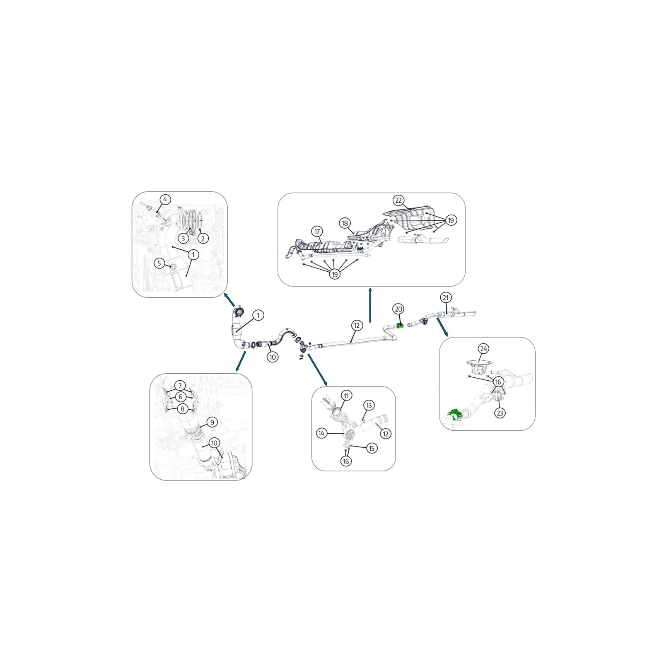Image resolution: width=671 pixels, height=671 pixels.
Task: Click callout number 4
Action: pyautogui.click(x=165, y=200)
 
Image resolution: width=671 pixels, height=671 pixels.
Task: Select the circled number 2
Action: pyautogui.click(x=203, y=238)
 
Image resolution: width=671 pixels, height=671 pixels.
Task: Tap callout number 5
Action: pyautogui.click(x=159, y=263)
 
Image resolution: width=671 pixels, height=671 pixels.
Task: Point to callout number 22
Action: pyautogui.click(x=398, y=200)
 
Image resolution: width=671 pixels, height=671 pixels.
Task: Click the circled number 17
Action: pyautogui.click(x=317, y=232)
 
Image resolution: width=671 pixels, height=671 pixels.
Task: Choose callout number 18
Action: pyautogui.click(x=345, y=223)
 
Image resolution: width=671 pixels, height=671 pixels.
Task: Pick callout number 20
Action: pyautogui.click(x=398, y=309)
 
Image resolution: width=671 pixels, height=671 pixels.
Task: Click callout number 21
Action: pyautogui.click(x=445, y=297)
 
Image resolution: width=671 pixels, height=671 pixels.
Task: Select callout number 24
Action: pyautogui.click(x=483, y=349)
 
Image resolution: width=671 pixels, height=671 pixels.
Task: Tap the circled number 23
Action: pyautogui.click(x=500, y=413)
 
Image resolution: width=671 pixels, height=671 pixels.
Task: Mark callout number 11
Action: pyautogui.click(x=346, y=396)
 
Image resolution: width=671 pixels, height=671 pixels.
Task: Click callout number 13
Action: pyautogui.click(x=369, y=405)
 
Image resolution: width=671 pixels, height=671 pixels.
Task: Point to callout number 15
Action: pyautogui.click(x=372, y=448)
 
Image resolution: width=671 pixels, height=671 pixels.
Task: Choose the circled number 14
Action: pyautogui.click(x=321, y=433)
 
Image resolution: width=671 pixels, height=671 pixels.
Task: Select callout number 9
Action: pyautogui.click(x=212, y=422)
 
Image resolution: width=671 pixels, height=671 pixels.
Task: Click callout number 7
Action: pyautogui.click(x=180, y=386)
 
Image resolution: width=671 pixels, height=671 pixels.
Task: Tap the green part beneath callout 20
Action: pyautogui.click(x=401, y=326)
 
